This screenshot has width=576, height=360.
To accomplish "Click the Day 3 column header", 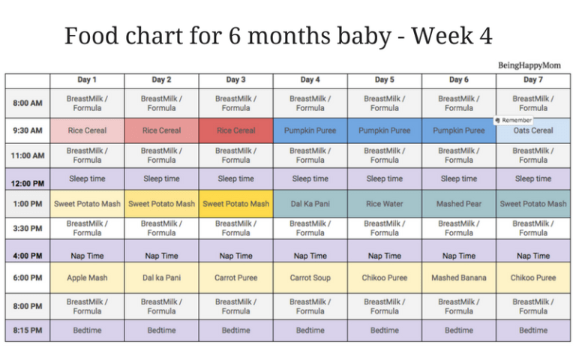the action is pyautogui.click(x=235, y=79).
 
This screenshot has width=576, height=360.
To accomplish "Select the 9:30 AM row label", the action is pyautogui.click(x=28, y=130).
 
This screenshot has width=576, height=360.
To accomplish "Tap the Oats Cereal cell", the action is pyautogui.click(x=533, y=130).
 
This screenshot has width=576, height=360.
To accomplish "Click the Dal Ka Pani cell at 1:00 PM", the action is pyautogui.click(x=310, y=204).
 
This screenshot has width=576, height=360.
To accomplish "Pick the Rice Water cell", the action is pyautogui.click(x=385, y=204).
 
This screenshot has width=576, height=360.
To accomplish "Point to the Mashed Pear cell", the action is pyautogui.click(x=459, y=204).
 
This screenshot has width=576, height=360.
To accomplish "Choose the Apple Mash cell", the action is pyautogui.click(x=87, y=277).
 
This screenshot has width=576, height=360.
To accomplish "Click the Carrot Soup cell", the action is pyautogui.click(x=310, y=277).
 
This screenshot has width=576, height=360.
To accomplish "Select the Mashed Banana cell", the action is pyautogui.click(x=459, y=277).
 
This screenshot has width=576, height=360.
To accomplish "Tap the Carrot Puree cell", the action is pyautogui.click(x=235, y=277).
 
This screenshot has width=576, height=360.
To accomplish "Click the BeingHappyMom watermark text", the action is pyautogui.click(x=529, y=65).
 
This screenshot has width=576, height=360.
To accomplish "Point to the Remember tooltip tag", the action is pyautogui.click(x=513, y=120).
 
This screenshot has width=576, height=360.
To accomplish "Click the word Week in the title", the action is pyautogui.click(x=442, y=36).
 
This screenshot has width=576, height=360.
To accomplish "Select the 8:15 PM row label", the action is pyautogui.click(x=28, y=330).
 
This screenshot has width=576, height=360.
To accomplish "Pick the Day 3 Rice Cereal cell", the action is pyautogui.click(x=235, y=130).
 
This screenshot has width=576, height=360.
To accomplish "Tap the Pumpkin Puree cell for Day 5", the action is pyautogui.click(x=385, y=130).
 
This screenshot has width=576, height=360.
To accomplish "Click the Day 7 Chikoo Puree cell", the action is pyautogui.click(x=533, y=277).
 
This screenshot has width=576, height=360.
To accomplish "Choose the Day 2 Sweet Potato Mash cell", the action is pyautogui.click(x=162, y=204).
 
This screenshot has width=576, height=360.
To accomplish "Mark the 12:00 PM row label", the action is pyautogui.click(x=28, y=183).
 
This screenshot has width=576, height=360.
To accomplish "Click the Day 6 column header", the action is pyautogui.click(x=459, y=79).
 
